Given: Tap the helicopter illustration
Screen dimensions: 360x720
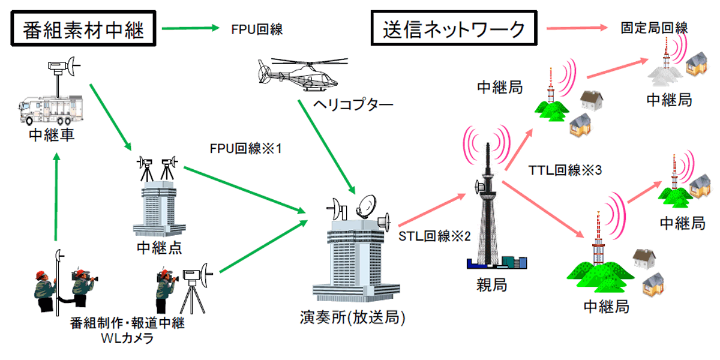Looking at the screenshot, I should [297, 73].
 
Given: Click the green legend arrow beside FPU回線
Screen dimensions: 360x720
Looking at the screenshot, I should [191, 28].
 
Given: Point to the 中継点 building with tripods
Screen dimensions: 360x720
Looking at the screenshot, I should [157, 204].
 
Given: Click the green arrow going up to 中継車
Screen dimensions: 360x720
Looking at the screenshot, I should [56, 198].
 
